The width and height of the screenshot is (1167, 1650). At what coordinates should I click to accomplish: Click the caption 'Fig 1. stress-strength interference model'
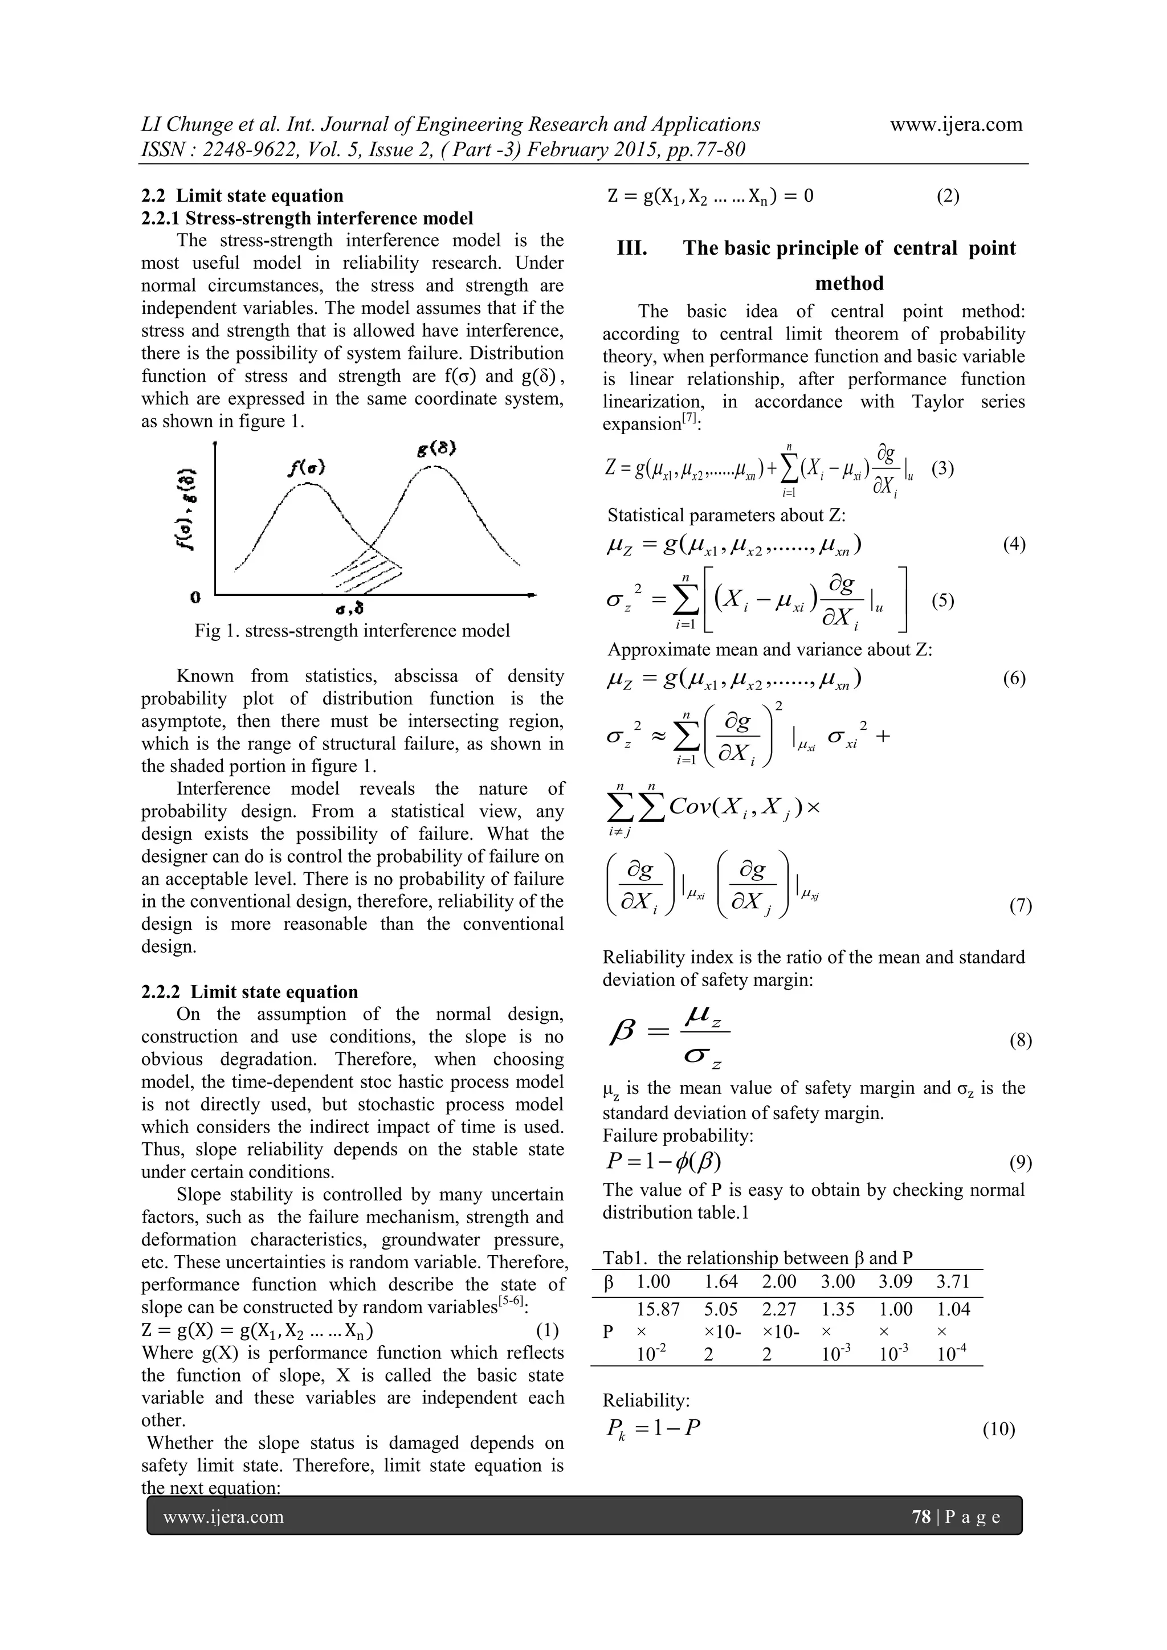point(352,631)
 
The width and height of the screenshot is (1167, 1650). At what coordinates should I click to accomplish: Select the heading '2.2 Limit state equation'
point(242,195)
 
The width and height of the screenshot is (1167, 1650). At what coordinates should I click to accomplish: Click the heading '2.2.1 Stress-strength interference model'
point(307,218)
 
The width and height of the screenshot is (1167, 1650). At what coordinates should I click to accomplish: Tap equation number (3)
point(942,469)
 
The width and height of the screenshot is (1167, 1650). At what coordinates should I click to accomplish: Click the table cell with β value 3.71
point(953,1282)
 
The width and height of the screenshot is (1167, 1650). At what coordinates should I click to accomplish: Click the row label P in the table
point(608,1332)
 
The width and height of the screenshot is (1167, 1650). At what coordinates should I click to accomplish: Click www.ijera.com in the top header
point(956,124)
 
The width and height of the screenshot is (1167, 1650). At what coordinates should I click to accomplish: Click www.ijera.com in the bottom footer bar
point(223,1517)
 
